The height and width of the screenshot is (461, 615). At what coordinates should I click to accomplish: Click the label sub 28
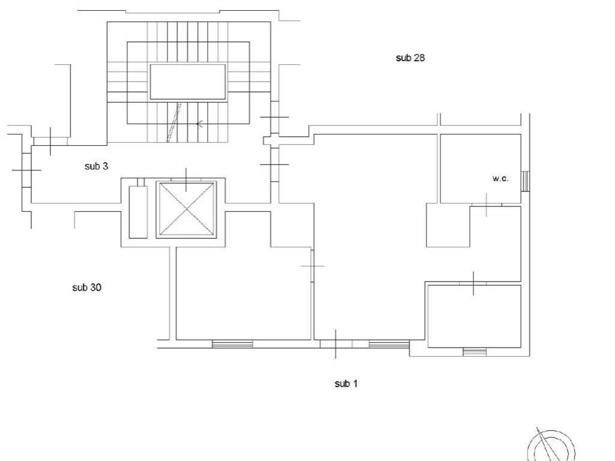410,58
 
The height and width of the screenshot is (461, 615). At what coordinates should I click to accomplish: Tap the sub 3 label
96,166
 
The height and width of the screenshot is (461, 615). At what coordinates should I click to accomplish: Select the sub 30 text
86,288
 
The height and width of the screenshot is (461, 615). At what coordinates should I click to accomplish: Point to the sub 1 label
346,384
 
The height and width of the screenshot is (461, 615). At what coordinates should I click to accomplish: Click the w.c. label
500,178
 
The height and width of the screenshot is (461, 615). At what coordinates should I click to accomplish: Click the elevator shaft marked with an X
186,209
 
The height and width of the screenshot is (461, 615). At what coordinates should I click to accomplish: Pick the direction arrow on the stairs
199,124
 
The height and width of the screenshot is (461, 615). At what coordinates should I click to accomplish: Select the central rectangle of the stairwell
187,82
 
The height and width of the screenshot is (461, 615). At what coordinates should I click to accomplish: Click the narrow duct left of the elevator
139,212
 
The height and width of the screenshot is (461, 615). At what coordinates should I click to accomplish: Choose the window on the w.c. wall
525,181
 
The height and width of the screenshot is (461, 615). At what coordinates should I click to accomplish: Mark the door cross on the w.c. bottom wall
486,205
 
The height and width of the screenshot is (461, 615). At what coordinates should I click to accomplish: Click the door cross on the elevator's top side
186,179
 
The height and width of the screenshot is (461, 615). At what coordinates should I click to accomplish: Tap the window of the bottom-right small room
474,352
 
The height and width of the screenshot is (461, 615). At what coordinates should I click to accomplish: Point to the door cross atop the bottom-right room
473,283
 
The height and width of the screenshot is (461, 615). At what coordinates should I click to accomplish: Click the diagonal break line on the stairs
174,122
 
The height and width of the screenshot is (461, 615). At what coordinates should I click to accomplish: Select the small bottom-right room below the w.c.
474,316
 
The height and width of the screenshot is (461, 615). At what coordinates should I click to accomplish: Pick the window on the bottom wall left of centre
232,344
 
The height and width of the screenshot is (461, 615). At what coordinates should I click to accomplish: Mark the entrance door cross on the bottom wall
335,344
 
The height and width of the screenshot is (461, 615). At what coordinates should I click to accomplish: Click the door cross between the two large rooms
312,266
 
